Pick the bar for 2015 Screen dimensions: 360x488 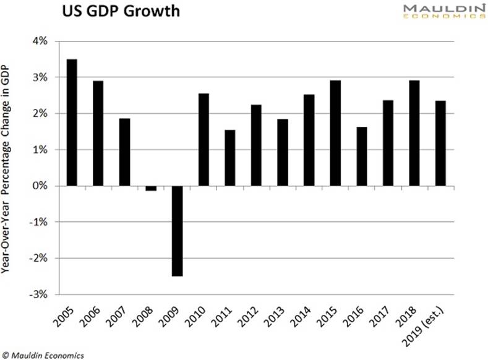pos(335,133)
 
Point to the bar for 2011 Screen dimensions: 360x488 pos(229,158)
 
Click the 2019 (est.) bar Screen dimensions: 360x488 pos(440,143)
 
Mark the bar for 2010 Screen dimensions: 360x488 pos(203,139)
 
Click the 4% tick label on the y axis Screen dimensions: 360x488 pos(40,41)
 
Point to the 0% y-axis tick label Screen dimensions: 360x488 pos(40,186)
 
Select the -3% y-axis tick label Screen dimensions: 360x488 pos(39,294)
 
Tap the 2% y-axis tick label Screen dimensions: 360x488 pos(40,114)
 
